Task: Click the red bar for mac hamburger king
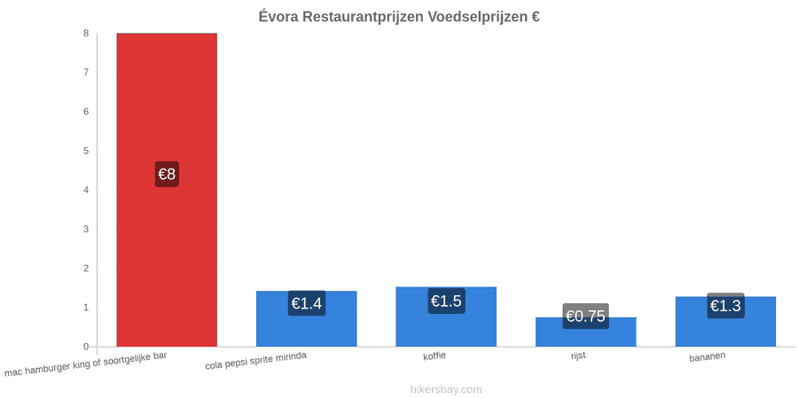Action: (x=167, y=190)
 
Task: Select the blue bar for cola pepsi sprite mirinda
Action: (x=307, y=318)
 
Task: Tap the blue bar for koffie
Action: (x=446, y=317)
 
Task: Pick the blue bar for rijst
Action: (x=586, y=332)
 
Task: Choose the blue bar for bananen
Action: (x=725, y=322)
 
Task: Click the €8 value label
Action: (x=167, y=174)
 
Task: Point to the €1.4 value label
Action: (x=307, y=303)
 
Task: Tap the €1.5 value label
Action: (x=446, y=301)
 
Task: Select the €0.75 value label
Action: (x=586, y=316)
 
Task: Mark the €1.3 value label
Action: (x=725, y=306)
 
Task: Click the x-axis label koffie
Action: (x=434, y=356)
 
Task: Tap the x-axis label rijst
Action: (x=578, y=356)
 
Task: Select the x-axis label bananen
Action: (x=708, y=357)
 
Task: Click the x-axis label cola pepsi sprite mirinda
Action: (x=256, y=361)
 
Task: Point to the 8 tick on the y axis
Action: (x=87, y=34)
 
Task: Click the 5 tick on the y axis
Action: (x=87, y=151)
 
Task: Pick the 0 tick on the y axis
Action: (x=87, y=347)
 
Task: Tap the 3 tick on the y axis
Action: (x=87, y=230)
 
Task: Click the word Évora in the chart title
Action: (x=278, y=16)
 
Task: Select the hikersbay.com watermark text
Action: (x=446, y=389)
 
